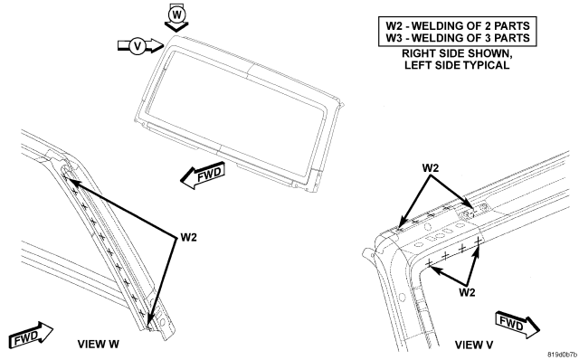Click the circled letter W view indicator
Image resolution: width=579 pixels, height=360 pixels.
tap(177, 14)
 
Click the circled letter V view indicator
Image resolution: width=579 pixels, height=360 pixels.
tap(138, 46)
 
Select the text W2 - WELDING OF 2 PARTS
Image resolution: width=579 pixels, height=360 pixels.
tap(458, 26)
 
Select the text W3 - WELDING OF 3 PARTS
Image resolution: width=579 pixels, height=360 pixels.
tap(458, 38)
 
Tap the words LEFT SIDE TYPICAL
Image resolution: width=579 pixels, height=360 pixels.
tap(457, 65)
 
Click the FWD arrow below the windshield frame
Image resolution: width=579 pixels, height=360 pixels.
tap(203, 175)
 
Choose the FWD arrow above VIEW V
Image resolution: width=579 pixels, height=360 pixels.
tap(517, 324)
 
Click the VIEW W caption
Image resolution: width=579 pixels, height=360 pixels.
tap(99, 344)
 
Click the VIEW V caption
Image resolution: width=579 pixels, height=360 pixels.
tap(474, 345)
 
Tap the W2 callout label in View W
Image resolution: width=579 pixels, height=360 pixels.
tap(189, 237)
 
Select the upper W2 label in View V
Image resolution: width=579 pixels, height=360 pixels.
tap(431, 168)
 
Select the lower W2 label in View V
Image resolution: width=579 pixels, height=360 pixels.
tap(467, 292)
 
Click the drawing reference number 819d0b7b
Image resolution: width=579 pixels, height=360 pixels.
tap(562, 355)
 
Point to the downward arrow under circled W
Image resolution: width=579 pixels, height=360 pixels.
tap(177, 26)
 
